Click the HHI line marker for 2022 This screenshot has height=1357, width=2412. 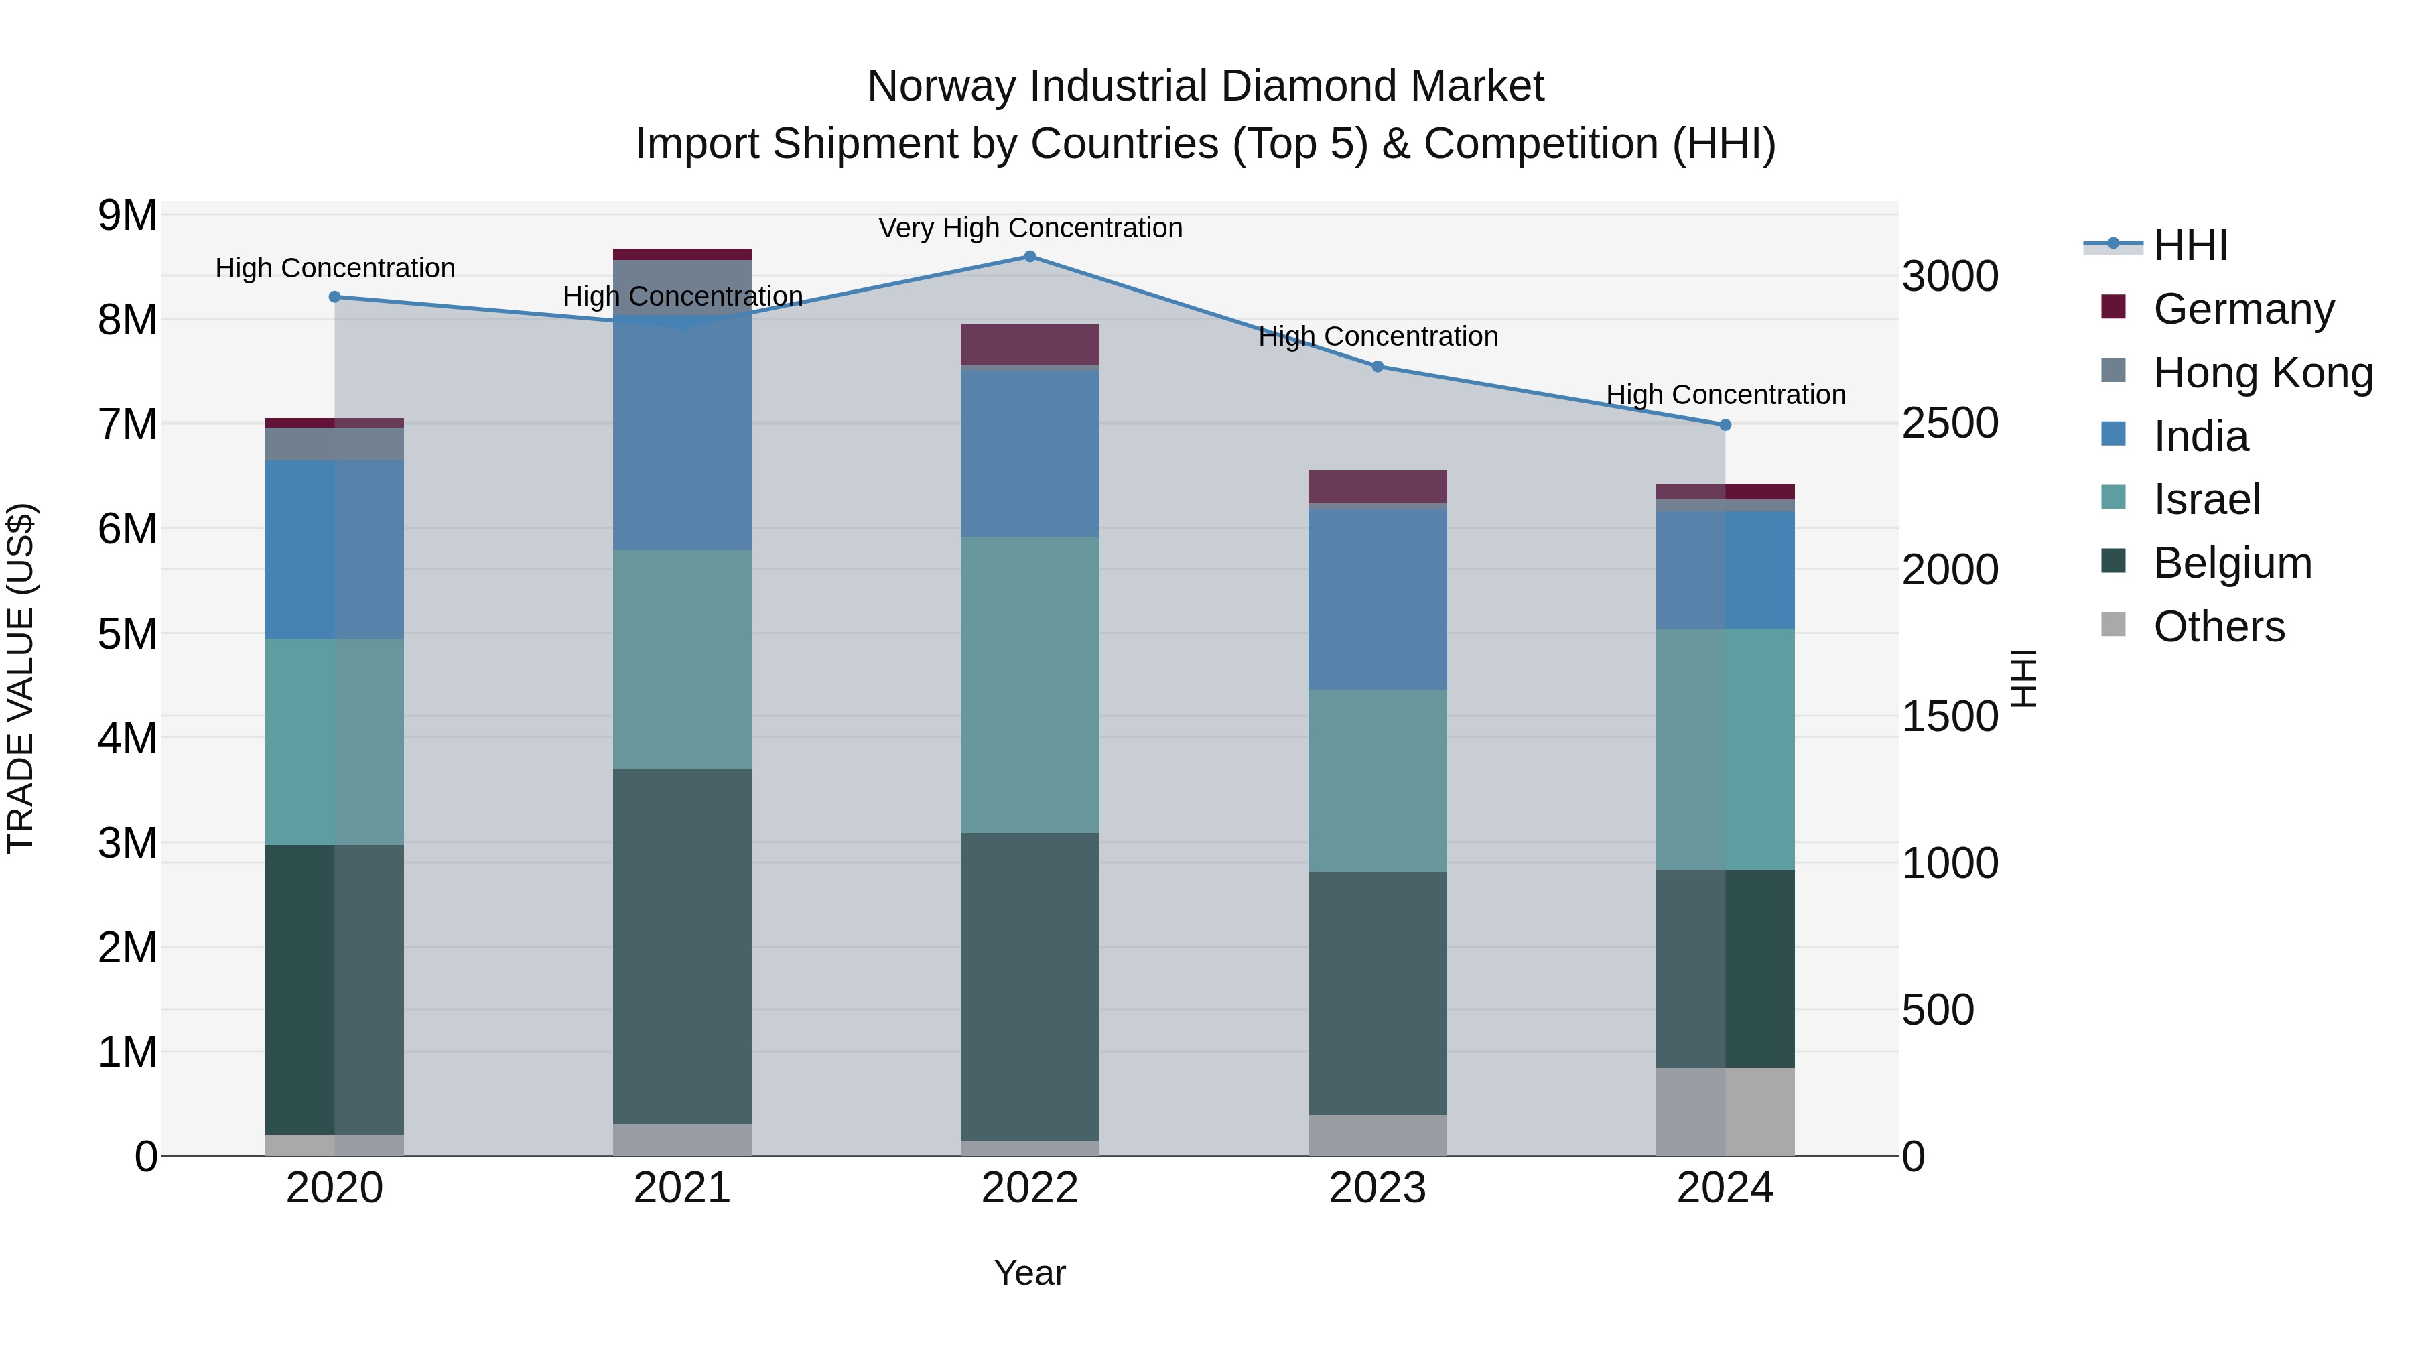1029,257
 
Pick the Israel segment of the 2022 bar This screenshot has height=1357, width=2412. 1029,685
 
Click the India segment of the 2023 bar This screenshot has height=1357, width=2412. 1378,599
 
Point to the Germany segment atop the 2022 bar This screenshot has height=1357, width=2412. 1029,344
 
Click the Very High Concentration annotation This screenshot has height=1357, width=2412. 1030,229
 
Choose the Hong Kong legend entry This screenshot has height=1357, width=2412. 2262,373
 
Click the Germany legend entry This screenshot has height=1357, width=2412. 2243,309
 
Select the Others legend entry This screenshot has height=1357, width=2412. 2218,627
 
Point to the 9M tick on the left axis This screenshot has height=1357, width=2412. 127,215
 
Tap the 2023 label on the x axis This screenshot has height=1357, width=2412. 1378,1188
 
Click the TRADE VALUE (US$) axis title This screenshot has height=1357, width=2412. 21,678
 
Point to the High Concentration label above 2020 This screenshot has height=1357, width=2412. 335,269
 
